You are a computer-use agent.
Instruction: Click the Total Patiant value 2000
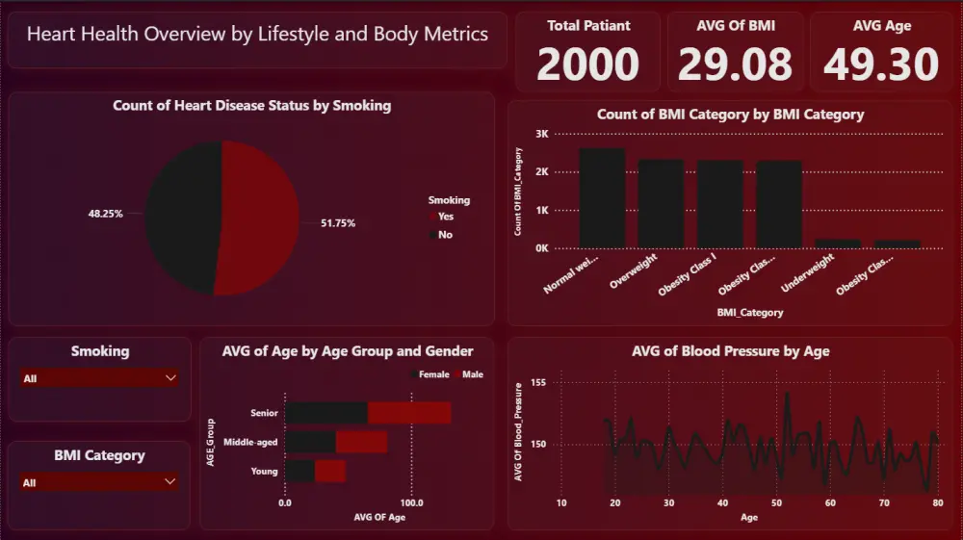(x=587, y=65)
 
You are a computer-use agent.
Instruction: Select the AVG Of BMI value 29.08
(x=735, y=65)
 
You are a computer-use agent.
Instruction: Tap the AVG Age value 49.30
(x=881, y=65)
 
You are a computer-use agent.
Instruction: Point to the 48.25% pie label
(x=106, y=214)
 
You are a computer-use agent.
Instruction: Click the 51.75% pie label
(x=338, y=223)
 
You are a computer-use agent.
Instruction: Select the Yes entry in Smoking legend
(x=445, y=217)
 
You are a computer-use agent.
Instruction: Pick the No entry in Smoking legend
(x=445, y=235)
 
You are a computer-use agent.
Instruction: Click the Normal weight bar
(x=602, y=197)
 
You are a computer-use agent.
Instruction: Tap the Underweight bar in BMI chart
(x=838, y=243)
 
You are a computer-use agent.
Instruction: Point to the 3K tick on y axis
(x=541, y=134)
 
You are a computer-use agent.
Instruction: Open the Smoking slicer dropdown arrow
(x=170, y=378)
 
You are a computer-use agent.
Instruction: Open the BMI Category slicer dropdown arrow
(x=170, y=481)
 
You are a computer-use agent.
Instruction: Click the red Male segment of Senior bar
(x=409, y=413)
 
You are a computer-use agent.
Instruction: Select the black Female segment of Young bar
(x=299, y=472)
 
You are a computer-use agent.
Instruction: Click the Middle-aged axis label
(x=250, y=443)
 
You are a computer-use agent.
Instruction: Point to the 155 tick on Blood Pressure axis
(x=538, y=383)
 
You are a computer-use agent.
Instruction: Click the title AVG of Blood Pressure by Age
(x=730, y=351)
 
